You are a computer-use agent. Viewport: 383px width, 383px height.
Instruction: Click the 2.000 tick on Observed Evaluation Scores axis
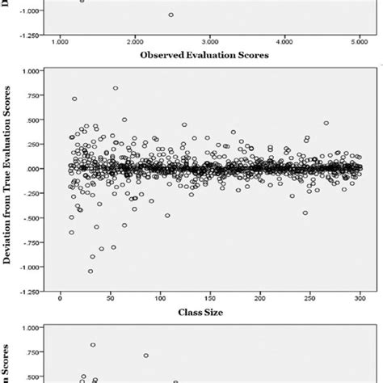pyautogui.click(x=135, y=40)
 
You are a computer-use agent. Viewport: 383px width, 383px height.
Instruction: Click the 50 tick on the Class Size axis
pyautogui.click(x=110, y=297)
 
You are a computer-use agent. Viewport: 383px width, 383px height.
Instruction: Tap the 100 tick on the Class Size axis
pyautogui.click(x=160, y=297)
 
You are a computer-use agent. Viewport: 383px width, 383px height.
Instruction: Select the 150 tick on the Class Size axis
pyautogui.click(x=210, y=297)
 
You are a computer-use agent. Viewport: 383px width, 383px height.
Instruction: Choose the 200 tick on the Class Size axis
pyautogui.click(x=260, y=297)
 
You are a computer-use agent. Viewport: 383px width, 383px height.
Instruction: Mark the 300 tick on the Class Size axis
pyautogui.click(x=360, y=297)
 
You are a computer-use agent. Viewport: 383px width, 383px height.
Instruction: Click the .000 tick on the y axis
pyautogui.click(x=32, y=169)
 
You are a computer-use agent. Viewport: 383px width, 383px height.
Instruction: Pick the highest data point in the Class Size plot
pyautogui.click(x=116, y=88)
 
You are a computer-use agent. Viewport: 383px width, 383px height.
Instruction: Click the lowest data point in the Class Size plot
pyautogui.click(x=90, y=271)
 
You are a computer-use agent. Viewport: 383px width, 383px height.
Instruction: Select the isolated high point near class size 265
pyautogui.click(x=326, y=123)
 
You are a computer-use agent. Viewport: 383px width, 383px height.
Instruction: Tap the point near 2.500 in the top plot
pyautogui.click(x=170, y=15)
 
